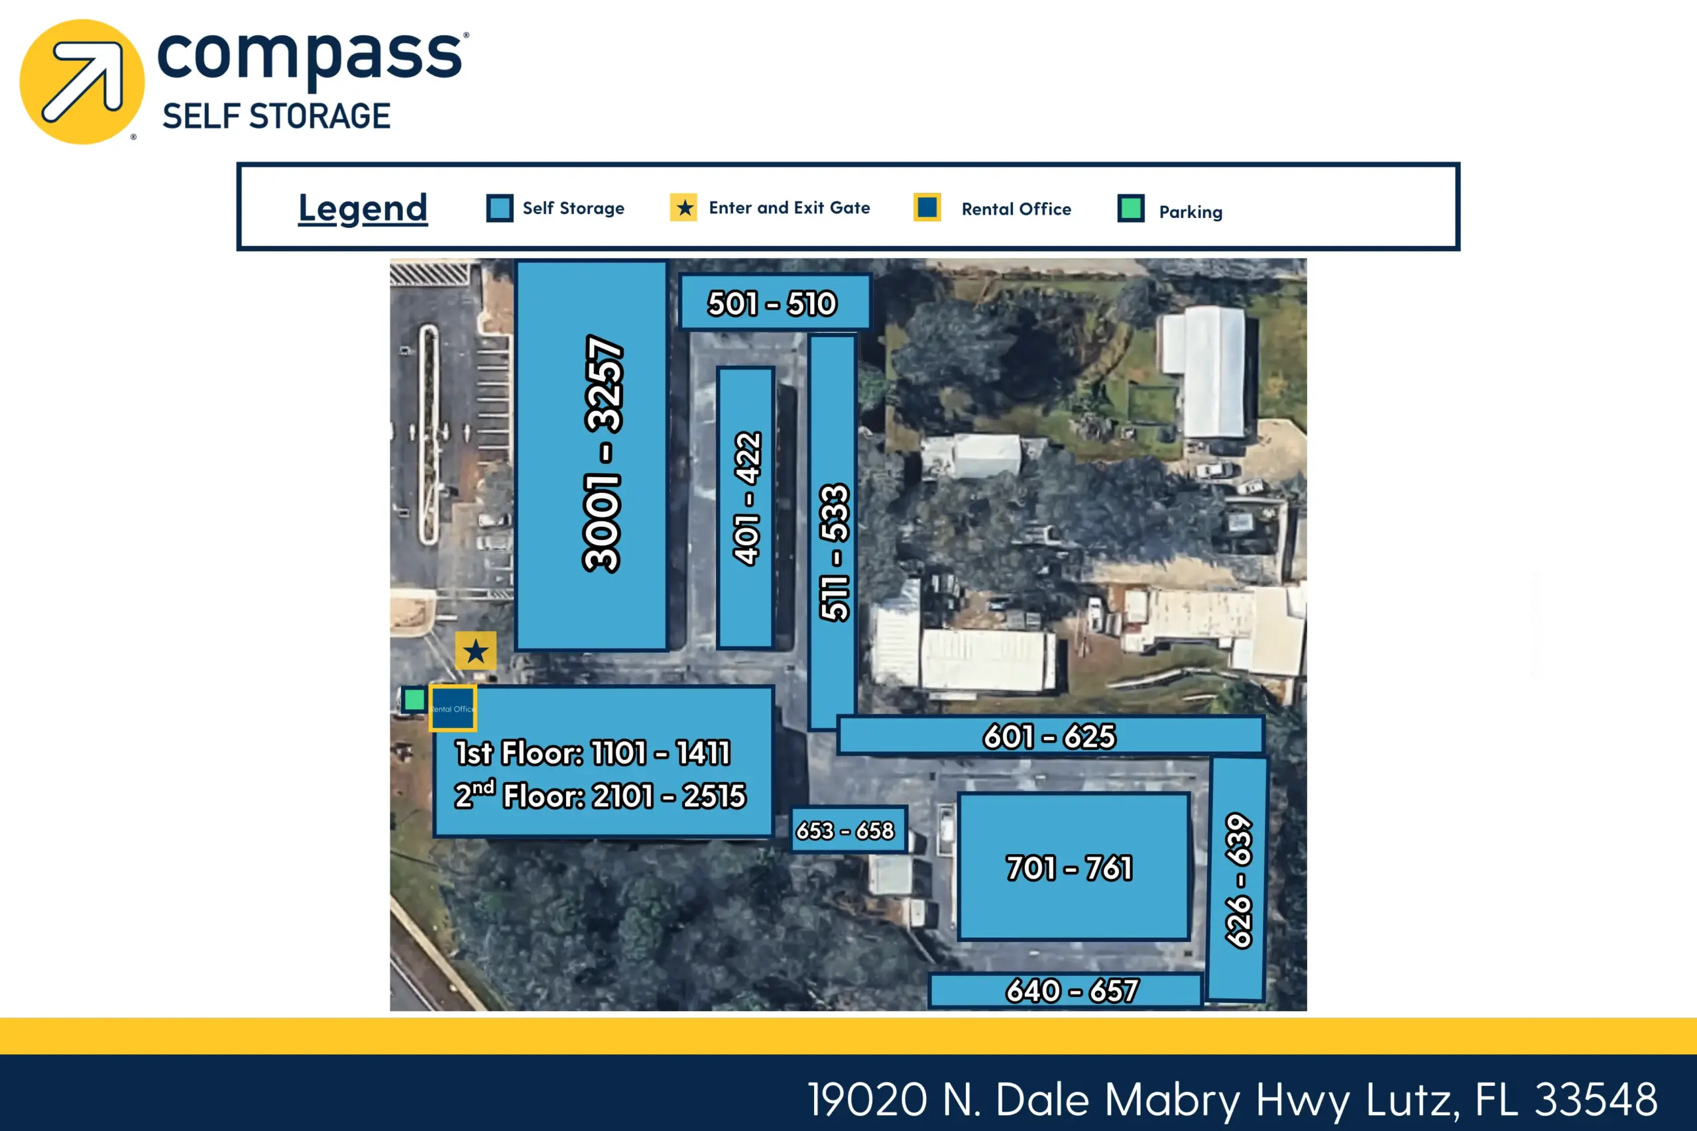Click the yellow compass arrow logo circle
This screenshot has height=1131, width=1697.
tap(82, 81)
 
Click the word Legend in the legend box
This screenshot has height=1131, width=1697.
tap(363, 209)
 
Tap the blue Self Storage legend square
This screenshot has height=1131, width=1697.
tap(499, 209)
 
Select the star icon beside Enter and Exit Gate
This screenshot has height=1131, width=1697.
tap(683, 208)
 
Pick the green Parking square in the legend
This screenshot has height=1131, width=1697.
tap(1131, 209)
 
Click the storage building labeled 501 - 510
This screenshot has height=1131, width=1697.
tap(775, 302)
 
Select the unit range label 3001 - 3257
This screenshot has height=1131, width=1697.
tap(603, 454)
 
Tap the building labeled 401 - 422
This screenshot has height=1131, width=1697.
tap(746, 508)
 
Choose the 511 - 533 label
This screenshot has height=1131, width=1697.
tap(835, 553)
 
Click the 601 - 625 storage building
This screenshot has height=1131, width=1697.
tap(1051, 735)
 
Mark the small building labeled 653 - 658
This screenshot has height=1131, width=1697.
tap(848, 830)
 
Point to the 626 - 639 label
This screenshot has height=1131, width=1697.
tap(1239, 881)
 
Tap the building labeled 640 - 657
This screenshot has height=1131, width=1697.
tap(1066, 991)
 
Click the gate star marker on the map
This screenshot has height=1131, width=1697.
tap(475, 651)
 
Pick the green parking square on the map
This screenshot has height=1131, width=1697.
tap(414, 699)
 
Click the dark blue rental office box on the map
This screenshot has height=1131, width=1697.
tap(452, 708)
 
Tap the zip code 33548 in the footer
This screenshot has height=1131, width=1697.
tap(1596, 1099)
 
